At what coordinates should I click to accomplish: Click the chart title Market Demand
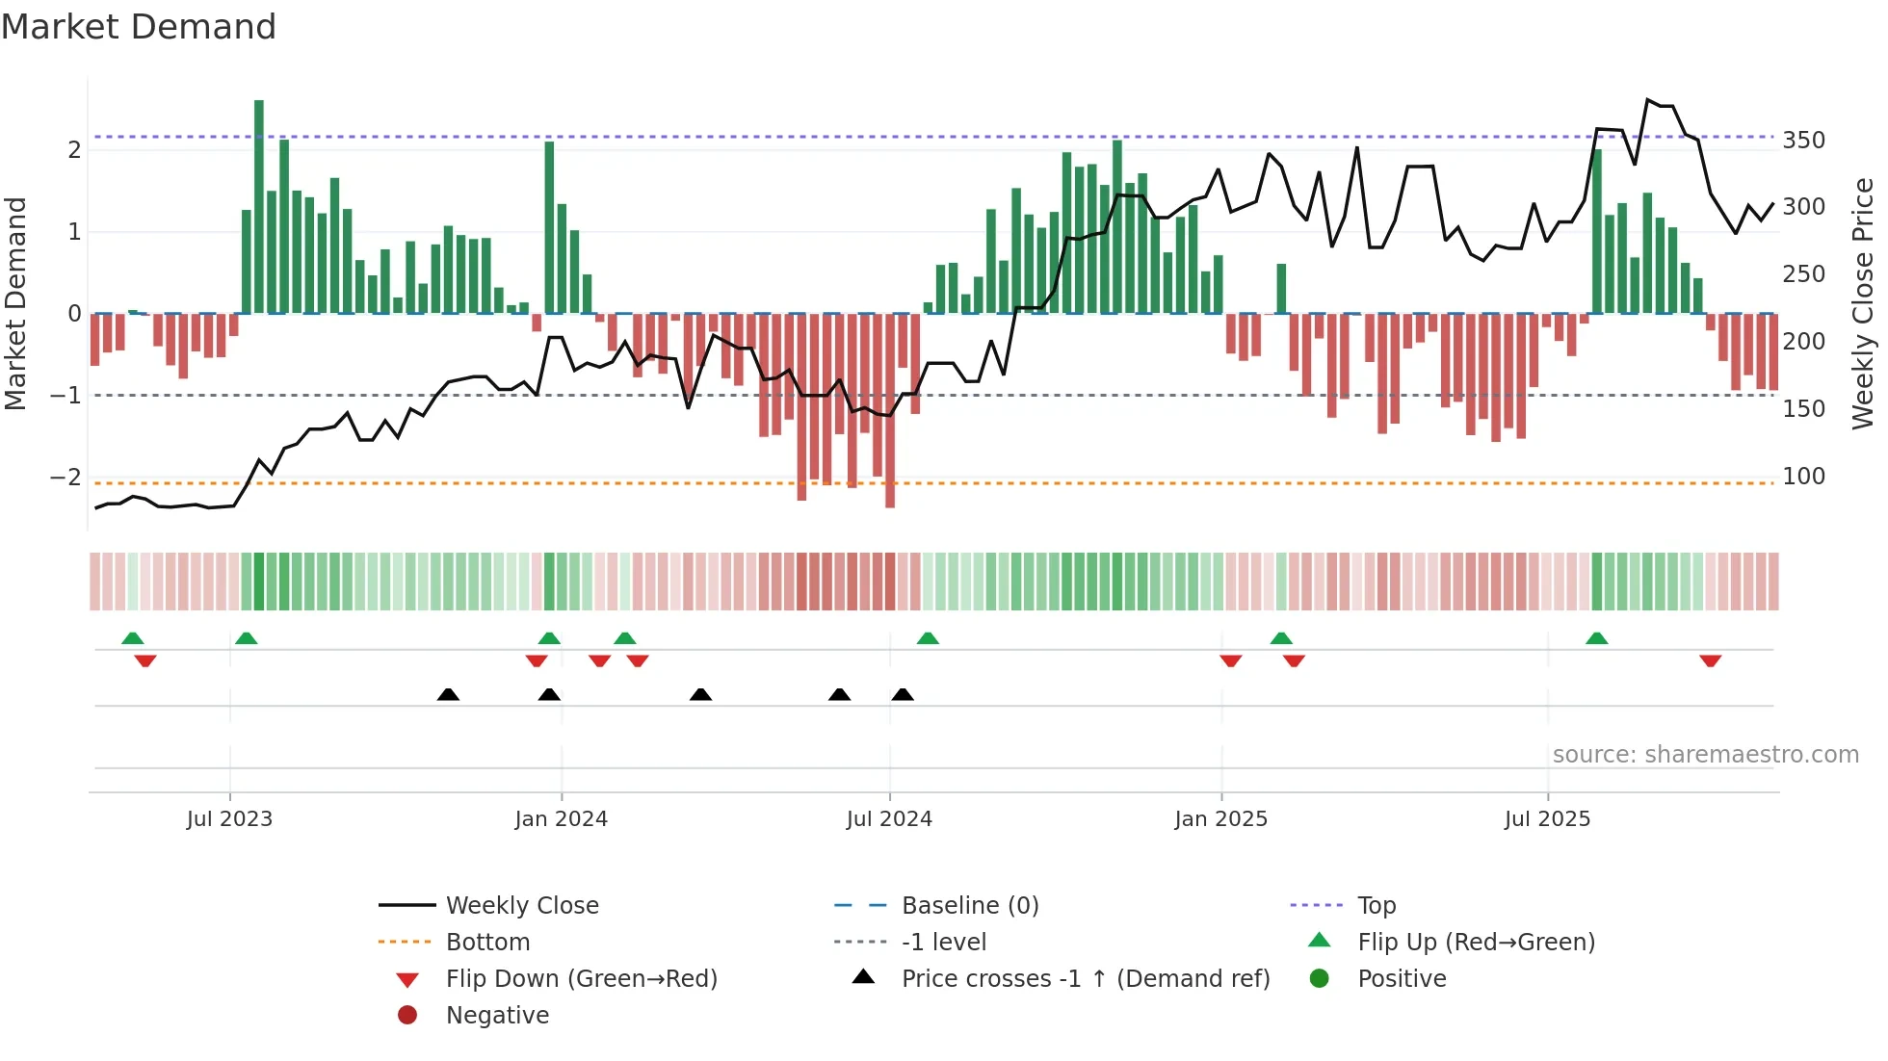click(x=139, y=27)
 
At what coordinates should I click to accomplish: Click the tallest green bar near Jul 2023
click(x=259, y=206)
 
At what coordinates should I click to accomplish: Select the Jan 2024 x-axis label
click(x=562, y=819)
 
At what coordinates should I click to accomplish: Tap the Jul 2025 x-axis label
click(x=1547, y=819)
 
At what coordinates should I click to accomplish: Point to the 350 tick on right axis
click(x=1803, y=141)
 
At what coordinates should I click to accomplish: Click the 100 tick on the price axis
click(x=1803, y=477)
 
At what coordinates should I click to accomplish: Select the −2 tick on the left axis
click(x=66, y=478)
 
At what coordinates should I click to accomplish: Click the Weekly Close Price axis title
click(x=1863, y=303)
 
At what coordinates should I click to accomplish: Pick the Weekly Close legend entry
click(x=521, y=906)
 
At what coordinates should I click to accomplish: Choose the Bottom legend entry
click(x=487, y=943)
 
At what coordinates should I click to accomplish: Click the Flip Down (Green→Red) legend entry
click(x=581, y=979)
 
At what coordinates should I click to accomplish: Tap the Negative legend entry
click(x=497, y=1016)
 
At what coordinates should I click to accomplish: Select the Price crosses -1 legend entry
click(x=1085, y=979)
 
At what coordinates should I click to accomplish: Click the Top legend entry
click(x=1376, y=906)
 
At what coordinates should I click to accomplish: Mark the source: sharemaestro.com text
click(x=1705, y=755)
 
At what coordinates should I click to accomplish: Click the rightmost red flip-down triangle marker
click(x=1711, y=660)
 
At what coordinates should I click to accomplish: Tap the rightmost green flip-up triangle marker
click(x=1597, y=638)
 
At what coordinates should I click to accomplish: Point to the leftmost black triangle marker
click(x=448, y=694)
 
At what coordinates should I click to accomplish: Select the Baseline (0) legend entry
click(x=969, y=906)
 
